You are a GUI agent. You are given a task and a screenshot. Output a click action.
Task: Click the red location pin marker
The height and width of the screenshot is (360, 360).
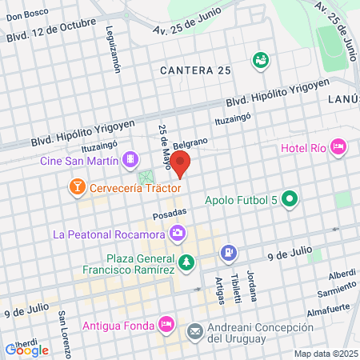click(181, 163)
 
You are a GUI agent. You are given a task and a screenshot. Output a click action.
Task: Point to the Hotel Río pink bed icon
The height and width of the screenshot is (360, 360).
click(338, 147)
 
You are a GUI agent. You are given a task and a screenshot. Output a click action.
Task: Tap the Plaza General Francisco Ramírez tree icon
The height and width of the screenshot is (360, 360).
click(186, 262)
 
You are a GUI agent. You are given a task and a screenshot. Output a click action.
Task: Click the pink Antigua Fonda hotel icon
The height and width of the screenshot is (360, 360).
click(166, 324)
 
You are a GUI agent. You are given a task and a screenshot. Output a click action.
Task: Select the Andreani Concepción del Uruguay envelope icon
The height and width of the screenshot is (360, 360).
click(194, 330)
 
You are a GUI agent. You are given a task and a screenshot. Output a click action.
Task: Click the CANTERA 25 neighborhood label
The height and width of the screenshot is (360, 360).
click(195, 70)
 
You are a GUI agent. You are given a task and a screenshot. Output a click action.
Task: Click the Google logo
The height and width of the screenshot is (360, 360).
click(27, 349)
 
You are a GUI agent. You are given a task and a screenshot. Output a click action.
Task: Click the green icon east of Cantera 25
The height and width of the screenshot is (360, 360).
click(260, 59)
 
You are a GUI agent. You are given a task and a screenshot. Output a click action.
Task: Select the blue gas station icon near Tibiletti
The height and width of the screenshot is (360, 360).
click(229, 252)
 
